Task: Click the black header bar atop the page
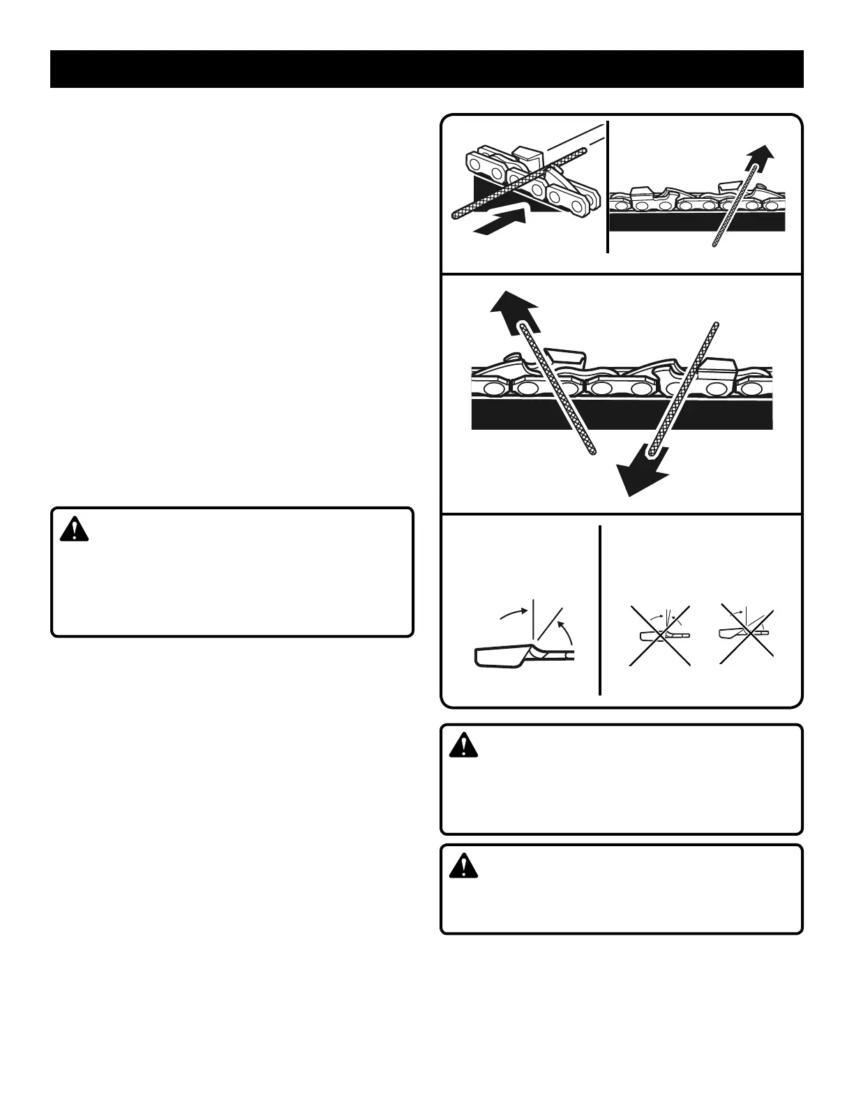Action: pos(427,69)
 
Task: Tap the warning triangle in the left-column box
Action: pos(74,531)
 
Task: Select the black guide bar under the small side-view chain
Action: pos(698,220)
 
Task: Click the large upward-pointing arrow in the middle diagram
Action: pos(514,307)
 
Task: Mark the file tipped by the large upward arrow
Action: pos(558,391)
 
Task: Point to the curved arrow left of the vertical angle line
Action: pos(514,612)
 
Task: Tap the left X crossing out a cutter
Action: pos(660,635)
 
